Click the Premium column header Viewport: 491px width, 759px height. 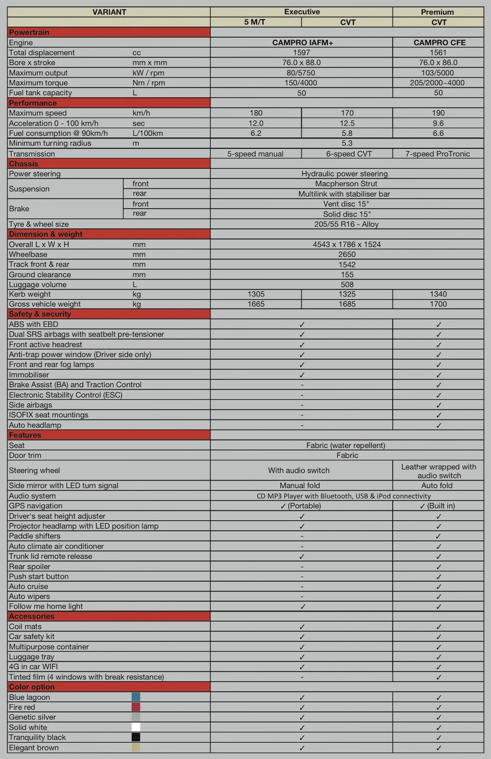437,12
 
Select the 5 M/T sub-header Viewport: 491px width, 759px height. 255,22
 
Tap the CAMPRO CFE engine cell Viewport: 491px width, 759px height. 439,43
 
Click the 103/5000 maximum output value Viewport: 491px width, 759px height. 437,73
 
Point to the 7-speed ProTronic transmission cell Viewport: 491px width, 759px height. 437,154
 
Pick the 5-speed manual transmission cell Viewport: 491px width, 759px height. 255,154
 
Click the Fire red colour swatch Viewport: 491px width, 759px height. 136,707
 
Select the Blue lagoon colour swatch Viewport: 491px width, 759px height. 136,697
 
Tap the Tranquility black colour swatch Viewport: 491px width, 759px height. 136,737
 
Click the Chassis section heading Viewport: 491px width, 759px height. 24,164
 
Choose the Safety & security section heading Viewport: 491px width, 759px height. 40,314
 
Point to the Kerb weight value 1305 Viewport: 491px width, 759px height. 256,294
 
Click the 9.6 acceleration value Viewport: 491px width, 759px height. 438,123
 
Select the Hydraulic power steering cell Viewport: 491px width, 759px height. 345,174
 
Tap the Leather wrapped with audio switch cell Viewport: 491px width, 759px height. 439,471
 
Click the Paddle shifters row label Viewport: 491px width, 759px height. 35,536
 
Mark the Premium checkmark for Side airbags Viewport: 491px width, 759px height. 439,405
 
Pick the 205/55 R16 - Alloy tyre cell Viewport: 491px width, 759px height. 347,224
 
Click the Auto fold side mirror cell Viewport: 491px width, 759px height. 437,486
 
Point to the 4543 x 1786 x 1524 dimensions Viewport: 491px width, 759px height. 347,244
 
